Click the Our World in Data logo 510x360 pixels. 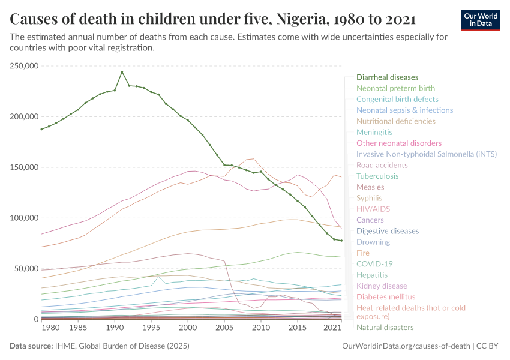tap(480, 20)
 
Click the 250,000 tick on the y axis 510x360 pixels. tap(25, 66)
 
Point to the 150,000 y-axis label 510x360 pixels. tap(25, 167)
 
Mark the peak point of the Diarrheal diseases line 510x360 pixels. tap(122, 72)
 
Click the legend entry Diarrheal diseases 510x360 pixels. tap(387, 77)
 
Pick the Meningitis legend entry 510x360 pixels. tap(374, 132)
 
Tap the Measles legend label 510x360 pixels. tap(370, 187)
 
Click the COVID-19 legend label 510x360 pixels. tap(374, 264)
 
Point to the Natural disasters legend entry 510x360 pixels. tap(385, 328)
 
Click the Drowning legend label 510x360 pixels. tap(373, 242)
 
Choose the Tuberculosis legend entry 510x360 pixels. tap(377, 176)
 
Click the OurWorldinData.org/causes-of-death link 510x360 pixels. tap(405, 346)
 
